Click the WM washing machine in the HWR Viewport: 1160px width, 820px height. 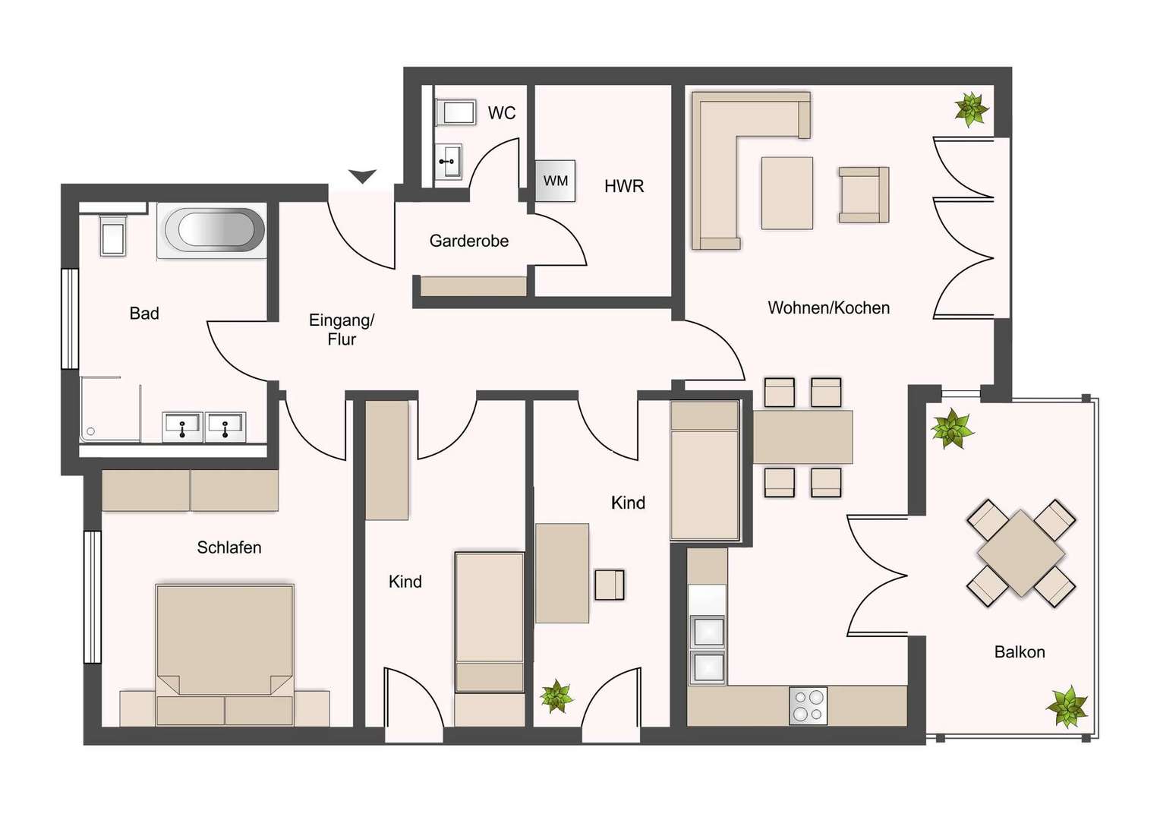point(555,181)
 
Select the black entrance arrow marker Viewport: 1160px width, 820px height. point(363,176)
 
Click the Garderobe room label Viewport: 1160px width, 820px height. point(469,241)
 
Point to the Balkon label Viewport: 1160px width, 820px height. point(1020,651)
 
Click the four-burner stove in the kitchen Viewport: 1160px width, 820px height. point(808,705)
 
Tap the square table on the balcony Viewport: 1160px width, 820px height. point(1021,553)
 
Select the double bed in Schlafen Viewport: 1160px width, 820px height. point(225,655)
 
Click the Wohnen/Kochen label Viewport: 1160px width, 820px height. point(828,307)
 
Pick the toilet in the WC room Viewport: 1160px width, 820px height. point(455,113)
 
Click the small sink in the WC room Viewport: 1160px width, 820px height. point(449,162)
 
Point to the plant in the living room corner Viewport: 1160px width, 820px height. point(972,109)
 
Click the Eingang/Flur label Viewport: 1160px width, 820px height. point(342,330)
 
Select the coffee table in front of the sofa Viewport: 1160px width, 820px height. point(786,193)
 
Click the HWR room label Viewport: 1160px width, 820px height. point(624,187)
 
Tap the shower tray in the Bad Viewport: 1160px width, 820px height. point(110,409)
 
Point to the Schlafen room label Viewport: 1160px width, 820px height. point(229,547)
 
